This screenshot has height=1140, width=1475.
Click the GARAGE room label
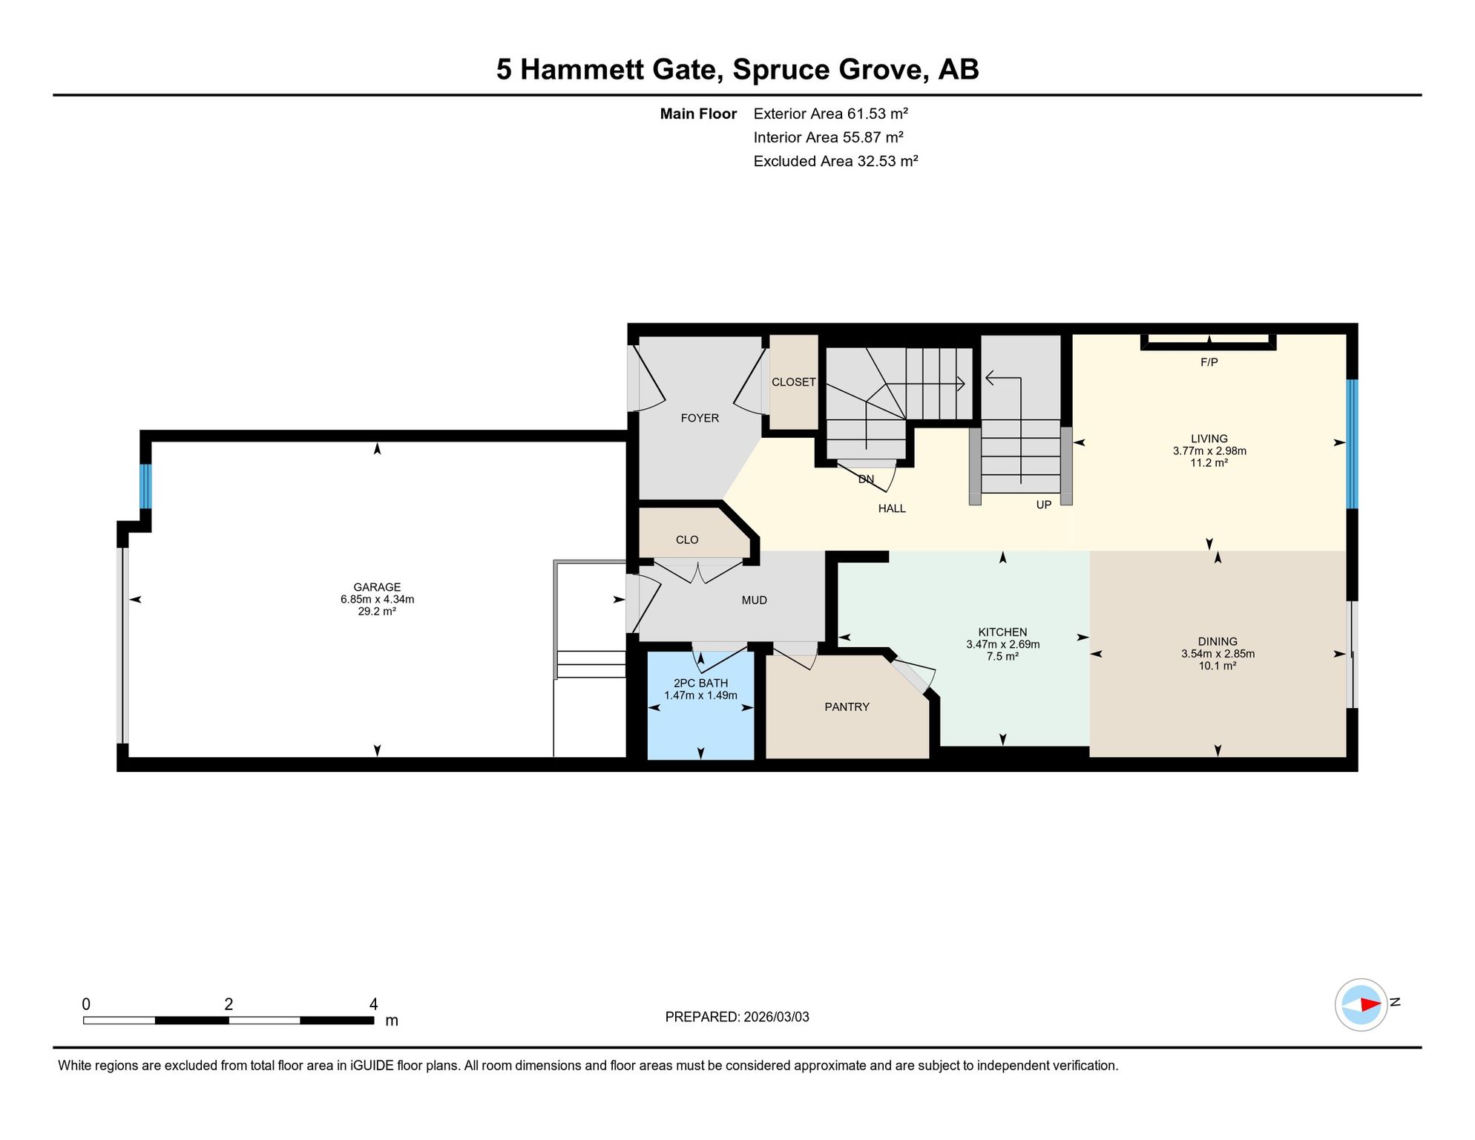(x=377, y=587)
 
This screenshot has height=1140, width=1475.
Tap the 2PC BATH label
(x=700, y=684)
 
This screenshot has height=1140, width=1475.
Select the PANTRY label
(x=847, y=707)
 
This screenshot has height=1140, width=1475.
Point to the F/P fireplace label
(x=1209, y=362)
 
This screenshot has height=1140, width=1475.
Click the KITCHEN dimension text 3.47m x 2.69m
(x=1002, y=644)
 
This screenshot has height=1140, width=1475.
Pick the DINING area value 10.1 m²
(x=1217, y=666)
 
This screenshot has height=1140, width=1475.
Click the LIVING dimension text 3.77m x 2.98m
(x=1209, y=451)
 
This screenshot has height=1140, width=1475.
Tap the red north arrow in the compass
(x=1370, y=1005)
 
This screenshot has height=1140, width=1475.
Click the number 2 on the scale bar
(x=229, y=1004)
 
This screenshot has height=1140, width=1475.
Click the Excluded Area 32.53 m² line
(x=835, y=161)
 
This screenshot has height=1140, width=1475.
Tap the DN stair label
(x=866, y=479)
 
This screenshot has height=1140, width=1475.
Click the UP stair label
(x=1043, y=505)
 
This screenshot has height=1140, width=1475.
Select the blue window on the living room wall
(x=1352, y=444)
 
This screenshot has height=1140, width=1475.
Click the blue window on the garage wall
(x=145, y=486)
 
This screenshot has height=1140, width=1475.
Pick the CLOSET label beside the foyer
(x=793, y=382)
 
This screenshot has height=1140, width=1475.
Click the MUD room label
(x=754, y=600)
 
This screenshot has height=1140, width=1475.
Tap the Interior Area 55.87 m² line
(x=828, y=137)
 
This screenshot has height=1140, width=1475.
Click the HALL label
(x=892, y=509)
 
